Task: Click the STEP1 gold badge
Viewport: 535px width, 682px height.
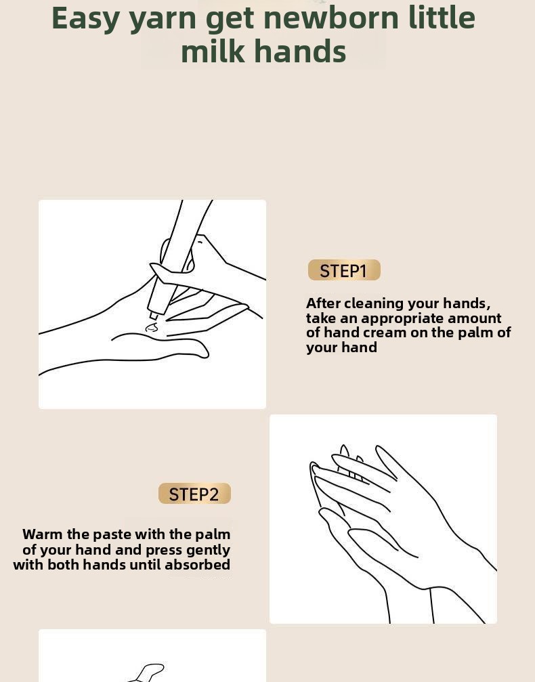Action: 344,270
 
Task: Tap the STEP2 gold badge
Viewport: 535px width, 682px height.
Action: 194,494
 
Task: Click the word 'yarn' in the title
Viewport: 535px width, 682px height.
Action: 163,19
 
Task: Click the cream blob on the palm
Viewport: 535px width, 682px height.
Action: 152,327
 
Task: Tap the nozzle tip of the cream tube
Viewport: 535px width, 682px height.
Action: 153,316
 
